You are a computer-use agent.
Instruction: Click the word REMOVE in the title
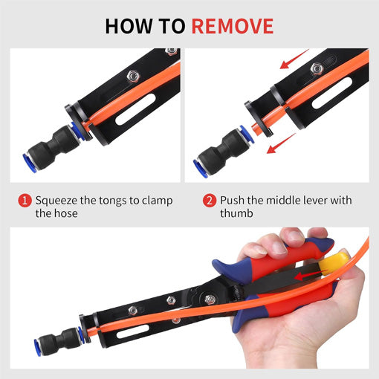coord(233,26)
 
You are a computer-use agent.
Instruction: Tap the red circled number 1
coord(25,201)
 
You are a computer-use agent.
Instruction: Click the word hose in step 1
coord(66,215)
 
